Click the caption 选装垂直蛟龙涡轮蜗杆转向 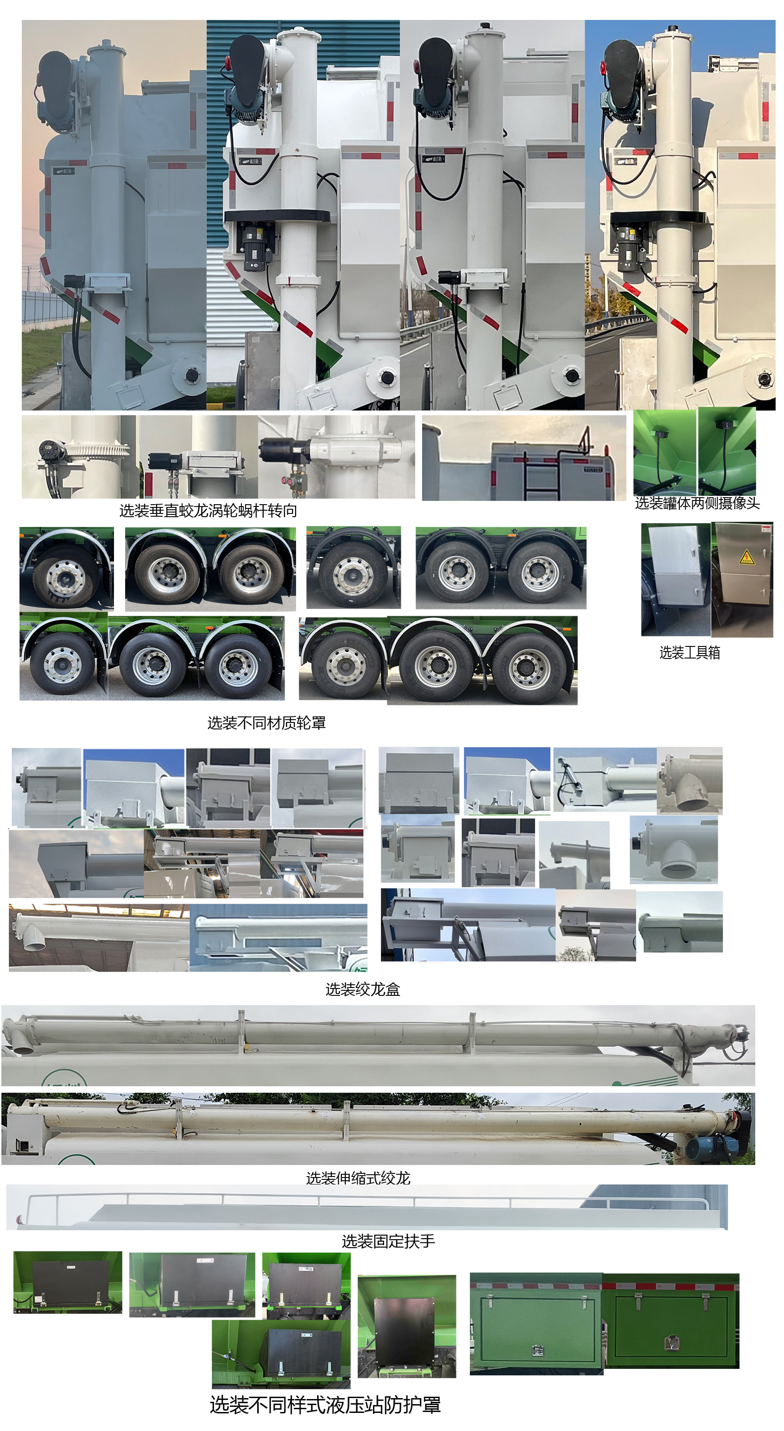pyautogui.click(x=209, y=511)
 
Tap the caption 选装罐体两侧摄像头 pyautogui.click(x=697, y=503)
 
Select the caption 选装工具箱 pyautogui.click(x=689, y=653)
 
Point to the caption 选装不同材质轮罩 pyautogui.click(x=267, y=723)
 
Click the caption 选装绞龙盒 pyautogui.click(x=363, y=989)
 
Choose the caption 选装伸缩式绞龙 pyautogui.click(x=358, y=1178)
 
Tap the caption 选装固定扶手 pyautogui.click(x=388, y=1241)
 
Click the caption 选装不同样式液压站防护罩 pyautogui.click(x=326, y=1405)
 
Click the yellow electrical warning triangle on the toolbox pyautogui.click(x=747, y=557)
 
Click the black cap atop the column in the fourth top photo pyautogui.click(x=672, y=28)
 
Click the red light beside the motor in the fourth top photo pyautogui.click(x=603, y=68)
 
